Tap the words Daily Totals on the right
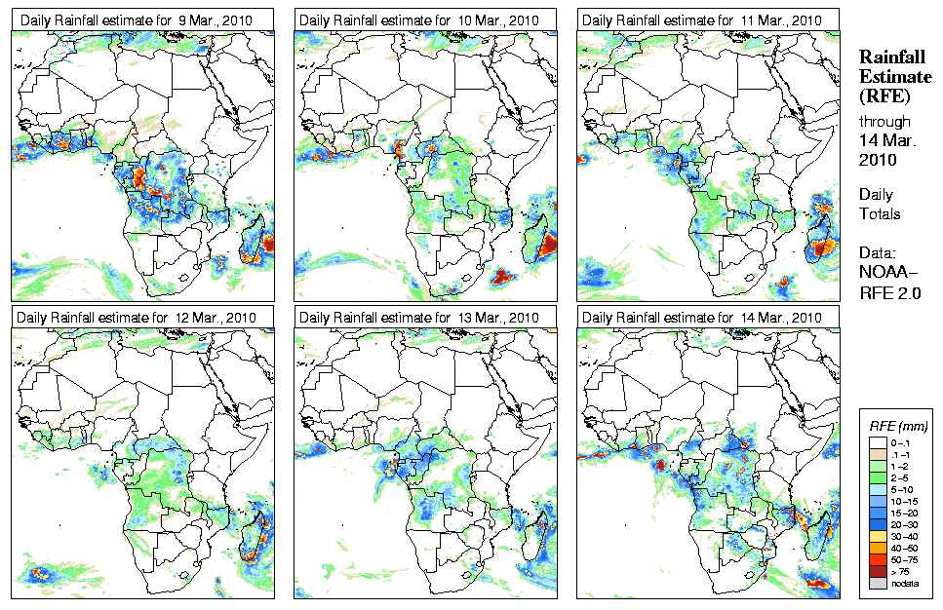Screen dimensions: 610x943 [x=881, y=205]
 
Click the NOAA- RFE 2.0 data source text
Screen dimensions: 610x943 [x=890, y=278]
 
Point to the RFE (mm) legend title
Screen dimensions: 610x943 [x=899, y=426]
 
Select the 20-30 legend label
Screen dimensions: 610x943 [x=906, y=523]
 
